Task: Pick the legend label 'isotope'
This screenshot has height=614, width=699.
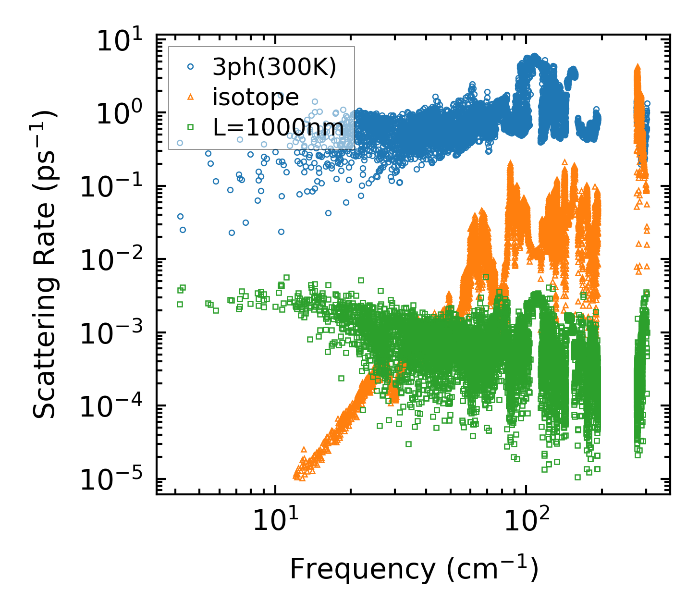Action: (x=256, y=98)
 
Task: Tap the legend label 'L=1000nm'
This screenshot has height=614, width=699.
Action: (x=279, y=127)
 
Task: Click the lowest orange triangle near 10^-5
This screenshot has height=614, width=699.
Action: (x=302, y=478)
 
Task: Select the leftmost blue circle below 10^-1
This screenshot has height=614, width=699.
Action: (x=180, y=216)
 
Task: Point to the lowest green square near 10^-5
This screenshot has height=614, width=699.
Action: (x=577, y=477)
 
